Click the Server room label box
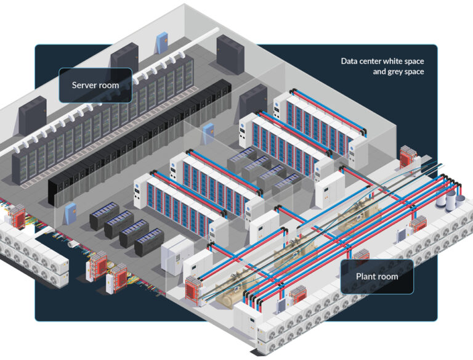(95, 85)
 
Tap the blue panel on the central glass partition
(209, 132)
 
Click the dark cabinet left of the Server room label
(32, 115)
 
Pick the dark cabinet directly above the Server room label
(124, 60)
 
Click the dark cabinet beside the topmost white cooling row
(253, 102)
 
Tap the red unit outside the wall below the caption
(408, 157)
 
